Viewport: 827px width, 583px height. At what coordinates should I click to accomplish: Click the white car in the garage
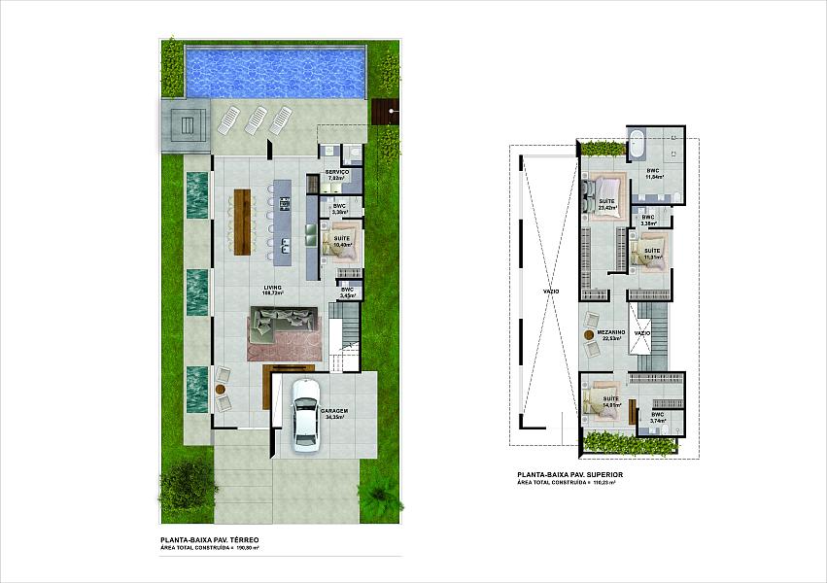tap(306, 414)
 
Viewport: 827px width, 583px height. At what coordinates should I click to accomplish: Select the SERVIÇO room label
tap(337, 172)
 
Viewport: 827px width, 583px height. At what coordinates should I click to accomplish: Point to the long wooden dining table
tap(241, 219)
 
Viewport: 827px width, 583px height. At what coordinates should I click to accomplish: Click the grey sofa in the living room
tap(282, 321)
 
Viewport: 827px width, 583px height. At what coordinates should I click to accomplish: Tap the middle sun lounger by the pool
tap(257, 120)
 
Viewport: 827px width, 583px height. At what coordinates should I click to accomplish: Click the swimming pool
tap(275, 71)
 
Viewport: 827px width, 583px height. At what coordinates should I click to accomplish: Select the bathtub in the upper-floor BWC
tap(639, 145)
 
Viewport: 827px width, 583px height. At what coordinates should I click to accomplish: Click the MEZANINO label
tap(610, 331)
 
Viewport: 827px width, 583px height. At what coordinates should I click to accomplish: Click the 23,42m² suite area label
tap(608, 208)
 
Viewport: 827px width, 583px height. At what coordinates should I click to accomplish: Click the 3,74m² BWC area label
tap(657, 421)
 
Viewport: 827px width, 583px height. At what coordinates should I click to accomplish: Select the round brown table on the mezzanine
tap(589, 334)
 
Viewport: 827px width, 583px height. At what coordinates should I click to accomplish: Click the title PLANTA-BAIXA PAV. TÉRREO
tap(209, 540)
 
